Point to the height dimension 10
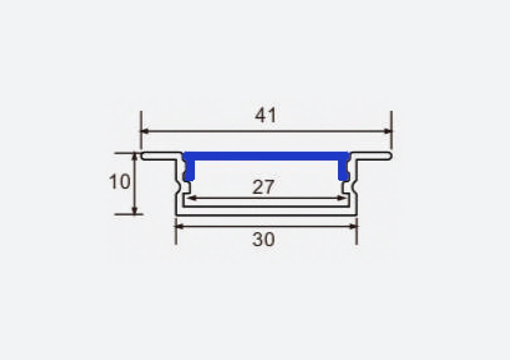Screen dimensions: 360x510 [119, 182]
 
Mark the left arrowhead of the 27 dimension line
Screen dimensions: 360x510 [189, 198]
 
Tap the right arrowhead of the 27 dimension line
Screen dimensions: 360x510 [342, 198]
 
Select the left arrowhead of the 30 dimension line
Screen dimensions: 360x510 [180, 226]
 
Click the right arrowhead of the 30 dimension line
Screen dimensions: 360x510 [353, 226]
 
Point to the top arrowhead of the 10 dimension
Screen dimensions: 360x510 [135, 157]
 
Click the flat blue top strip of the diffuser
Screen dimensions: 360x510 [266, 155]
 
